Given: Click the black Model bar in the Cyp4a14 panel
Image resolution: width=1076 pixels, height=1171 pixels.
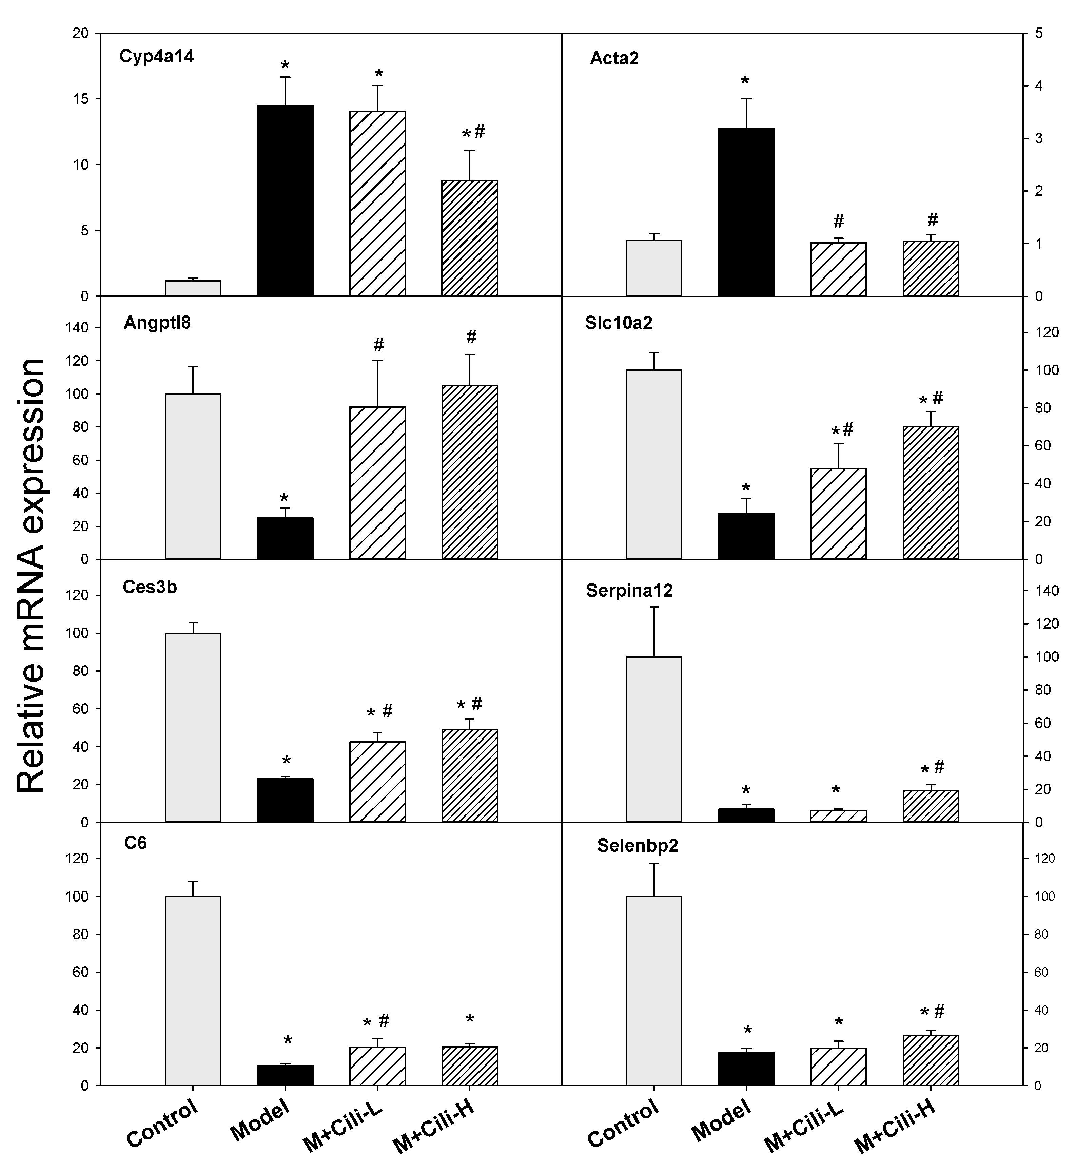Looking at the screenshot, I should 285,201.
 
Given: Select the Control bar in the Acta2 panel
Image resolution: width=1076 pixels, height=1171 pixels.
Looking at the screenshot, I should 654,268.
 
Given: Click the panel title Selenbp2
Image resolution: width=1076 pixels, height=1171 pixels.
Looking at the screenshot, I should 638,846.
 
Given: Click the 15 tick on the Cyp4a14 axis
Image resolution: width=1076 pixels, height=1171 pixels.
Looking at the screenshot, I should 80,99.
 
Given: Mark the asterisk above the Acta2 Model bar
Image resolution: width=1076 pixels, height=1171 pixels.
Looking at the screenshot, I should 745,81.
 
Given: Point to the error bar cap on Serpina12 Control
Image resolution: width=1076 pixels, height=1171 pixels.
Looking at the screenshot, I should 654,607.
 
